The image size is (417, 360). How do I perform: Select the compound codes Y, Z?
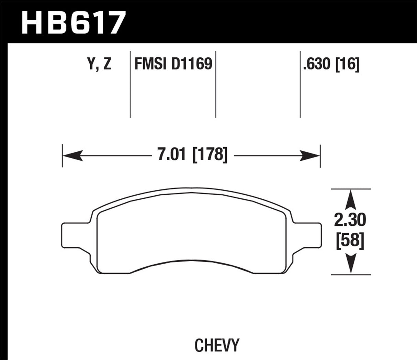(x=99, y=64)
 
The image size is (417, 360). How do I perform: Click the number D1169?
(x=192, y=64)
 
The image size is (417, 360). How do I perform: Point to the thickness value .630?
(x=316, y=64)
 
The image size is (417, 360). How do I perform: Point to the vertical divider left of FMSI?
(x=131, y=84)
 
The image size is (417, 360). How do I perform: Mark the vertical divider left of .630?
(x=301, y=84)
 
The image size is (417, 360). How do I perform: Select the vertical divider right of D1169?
(x=215, y=84)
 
